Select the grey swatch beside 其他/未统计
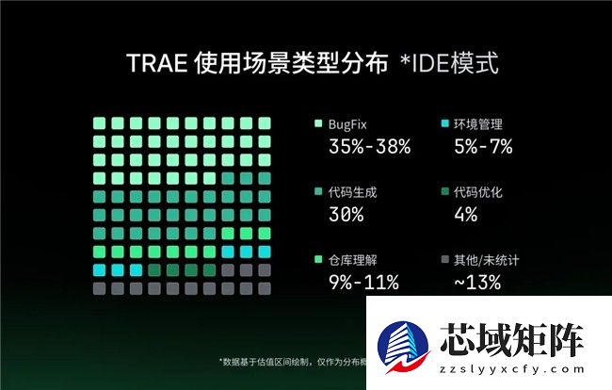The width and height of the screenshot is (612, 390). pos(443,259)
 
